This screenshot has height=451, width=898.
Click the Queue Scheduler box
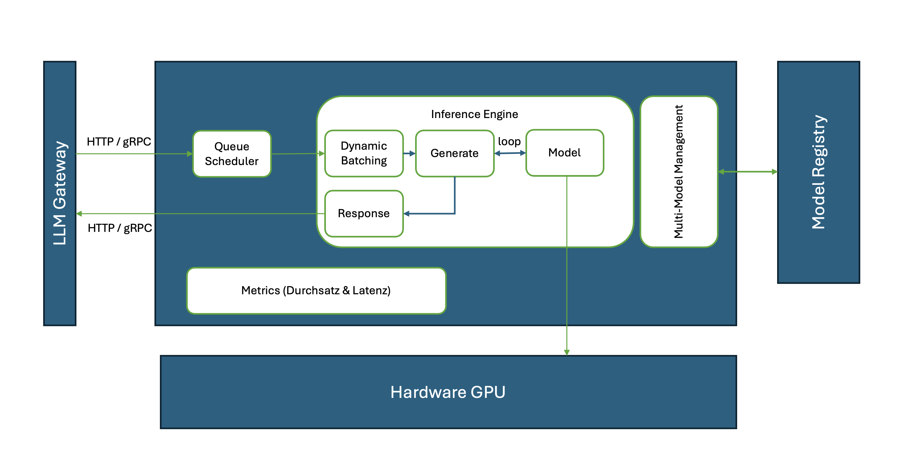(x=232, y=154)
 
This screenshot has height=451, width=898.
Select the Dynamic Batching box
(x=364, y=153)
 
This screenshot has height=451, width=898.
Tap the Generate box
(x=454, y=153)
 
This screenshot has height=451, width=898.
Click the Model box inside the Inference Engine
(x=564, y=153)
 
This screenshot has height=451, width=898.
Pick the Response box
(x=364, y=213)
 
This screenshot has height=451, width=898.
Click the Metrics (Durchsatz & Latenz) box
(x=316, y=290)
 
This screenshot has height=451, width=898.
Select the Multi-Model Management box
(x=679, y=171)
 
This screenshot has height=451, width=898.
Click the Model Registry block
(x=818, y=172)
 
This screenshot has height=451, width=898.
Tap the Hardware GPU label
(x=448, y=392)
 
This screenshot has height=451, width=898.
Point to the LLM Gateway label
(x=59, y=193)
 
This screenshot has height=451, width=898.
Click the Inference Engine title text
(x=475, y=114)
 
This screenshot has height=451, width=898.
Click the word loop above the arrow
(x=509, y=141)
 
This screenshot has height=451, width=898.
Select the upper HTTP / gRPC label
(x=119, y=141)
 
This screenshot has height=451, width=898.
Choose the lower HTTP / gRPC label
(x=120, y=228)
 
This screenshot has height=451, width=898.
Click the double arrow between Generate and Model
(x=510, y=153)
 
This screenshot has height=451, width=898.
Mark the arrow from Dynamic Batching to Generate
(x=409, y=153)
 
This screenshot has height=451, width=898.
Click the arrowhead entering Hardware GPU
(x=567, y=352)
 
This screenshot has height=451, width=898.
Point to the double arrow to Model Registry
(x=748, y=171)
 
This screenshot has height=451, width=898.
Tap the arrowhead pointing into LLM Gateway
(x=79, y=214)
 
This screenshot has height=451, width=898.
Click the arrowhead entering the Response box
(x=406, y=214)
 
